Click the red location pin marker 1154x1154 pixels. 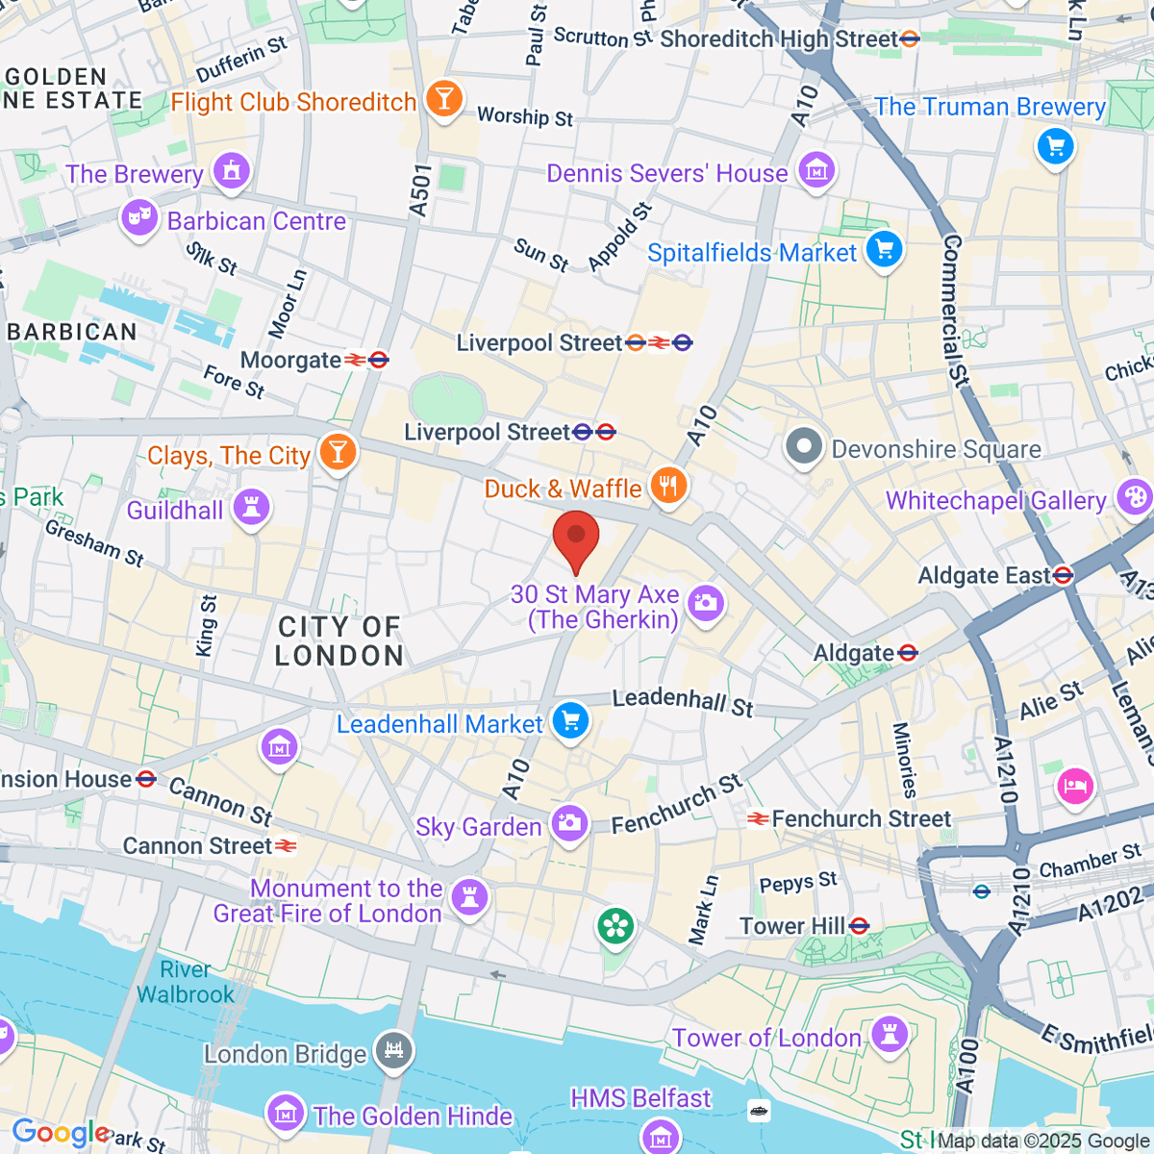[x=576, y=539]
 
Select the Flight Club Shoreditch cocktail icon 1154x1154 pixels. [x=443, y=99]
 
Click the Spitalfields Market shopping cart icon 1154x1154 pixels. [x=884, y=250]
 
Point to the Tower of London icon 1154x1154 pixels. [x=890, y=1035]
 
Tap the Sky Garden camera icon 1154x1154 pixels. [x=569, y=824]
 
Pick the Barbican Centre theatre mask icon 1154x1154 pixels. [x=139, y=218]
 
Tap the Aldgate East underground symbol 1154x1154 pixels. [x=1063, y=576]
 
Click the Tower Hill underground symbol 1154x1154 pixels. [x=859, y=926]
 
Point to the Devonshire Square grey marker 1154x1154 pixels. [x=804, y=447]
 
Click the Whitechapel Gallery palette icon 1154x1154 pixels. [x=1134, y=498]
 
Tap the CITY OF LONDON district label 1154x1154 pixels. [x=339, y=641]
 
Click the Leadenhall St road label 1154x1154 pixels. [x=683, y=701]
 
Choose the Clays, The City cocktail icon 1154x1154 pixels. [x=338, y=452]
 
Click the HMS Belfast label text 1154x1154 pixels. [x=640, y=1098]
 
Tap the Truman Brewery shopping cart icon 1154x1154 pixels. [x=1056, y=146]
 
